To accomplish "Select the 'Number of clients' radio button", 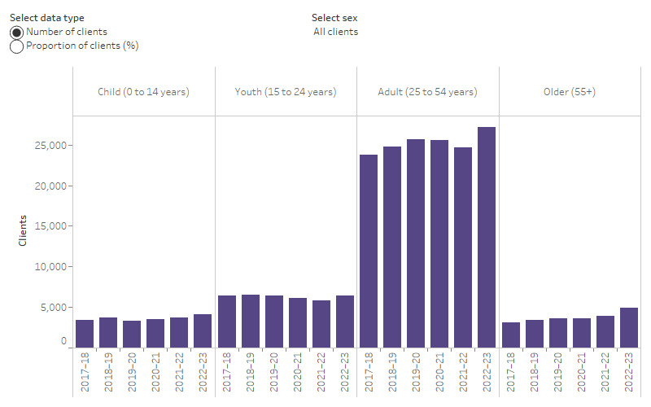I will pyautogui.click(x=16, y=32).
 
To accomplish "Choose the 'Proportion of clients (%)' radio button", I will pyautogui.click(x=16, y=46).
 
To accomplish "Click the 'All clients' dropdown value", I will pyautogui.click(x=335, y=32).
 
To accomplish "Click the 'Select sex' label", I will pyautogui.click(x=334, y=18).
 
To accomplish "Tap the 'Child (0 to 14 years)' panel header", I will pyautogui.click(x=143, y=92).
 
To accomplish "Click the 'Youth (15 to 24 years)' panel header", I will pyautogui.click(x=286, y=92).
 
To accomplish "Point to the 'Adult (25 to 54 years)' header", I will pyautogui.click(x=427, y=92).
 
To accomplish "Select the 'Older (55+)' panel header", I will pyautogui.click(x=569, y=92).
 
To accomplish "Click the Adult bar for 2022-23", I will pyautogui.click(x=487, y=237).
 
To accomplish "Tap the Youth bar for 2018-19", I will pyautogui.click(x=251, y=321).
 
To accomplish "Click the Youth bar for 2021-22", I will pyautogui.click(x=321, y=324).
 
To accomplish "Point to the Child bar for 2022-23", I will pyautogui.click(x=203, y=330).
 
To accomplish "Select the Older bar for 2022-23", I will pyautogui.click(x=628, y=327).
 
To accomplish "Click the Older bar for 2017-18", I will pyautogui.click(x=510, y=335).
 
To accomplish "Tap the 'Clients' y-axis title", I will pyautogui.click(x=22, y=230).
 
